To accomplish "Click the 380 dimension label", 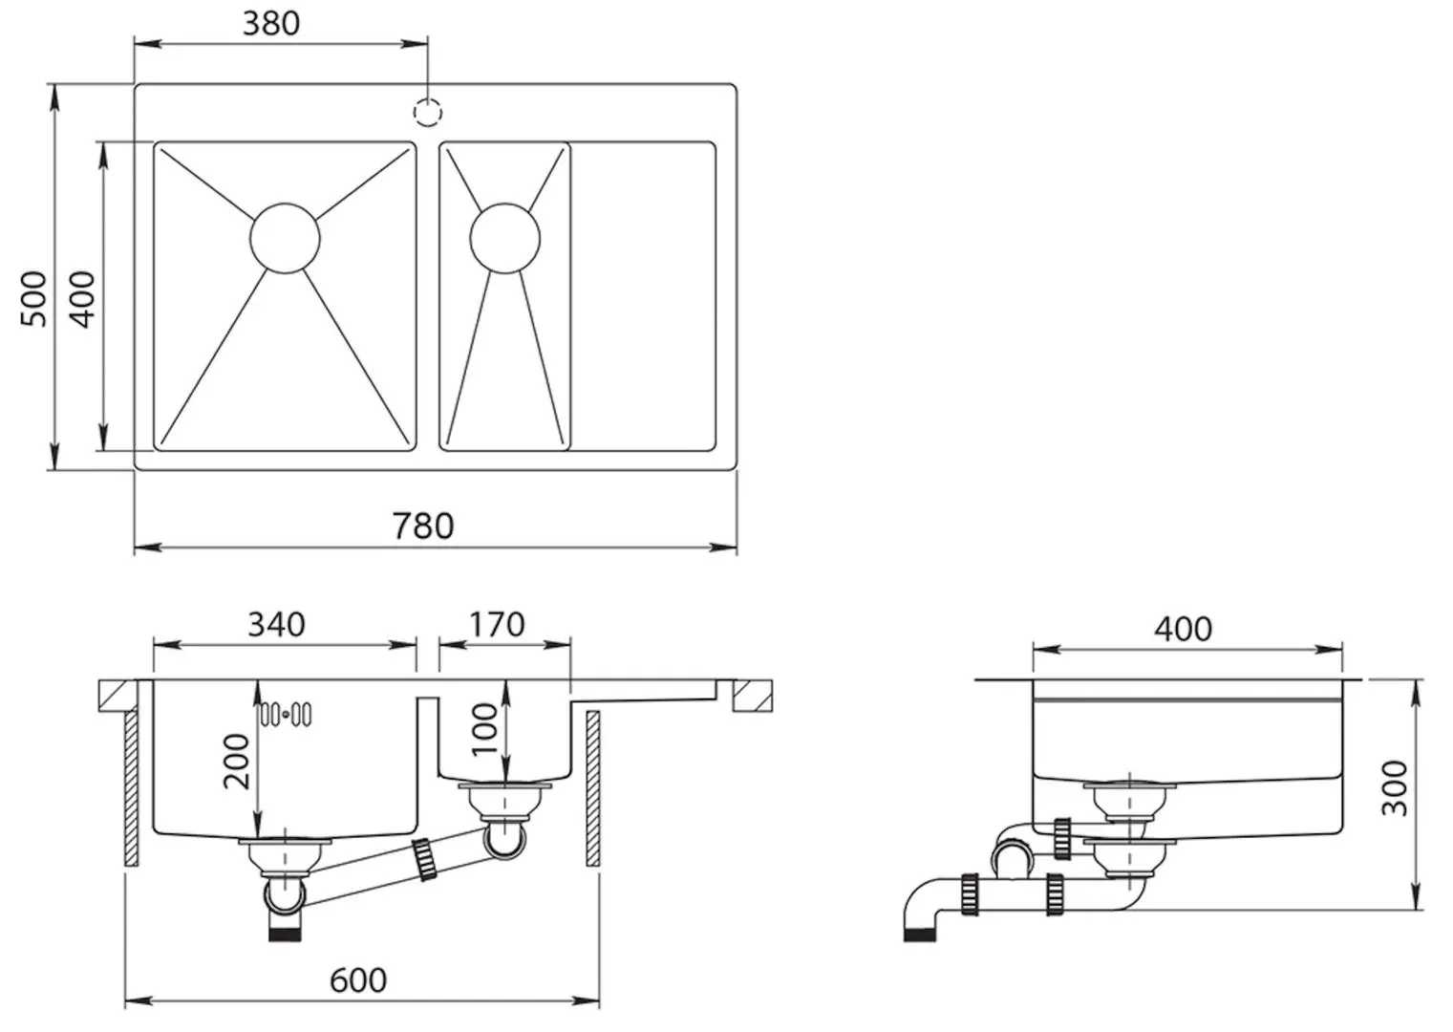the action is pos(271,23).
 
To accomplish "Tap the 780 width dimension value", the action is pos(423,526).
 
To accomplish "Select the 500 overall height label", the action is pos(33,299).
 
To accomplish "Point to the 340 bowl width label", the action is pos(276,624).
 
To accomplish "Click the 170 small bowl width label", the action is pos(497,624).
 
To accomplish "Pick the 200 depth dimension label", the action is pos(236,761).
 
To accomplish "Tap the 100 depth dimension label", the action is pos(484,730).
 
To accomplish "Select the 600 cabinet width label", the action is pos(358,980).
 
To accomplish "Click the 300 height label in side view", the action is pos(1395,788).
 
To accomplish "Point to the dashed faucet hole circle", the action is pos(428,112).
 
